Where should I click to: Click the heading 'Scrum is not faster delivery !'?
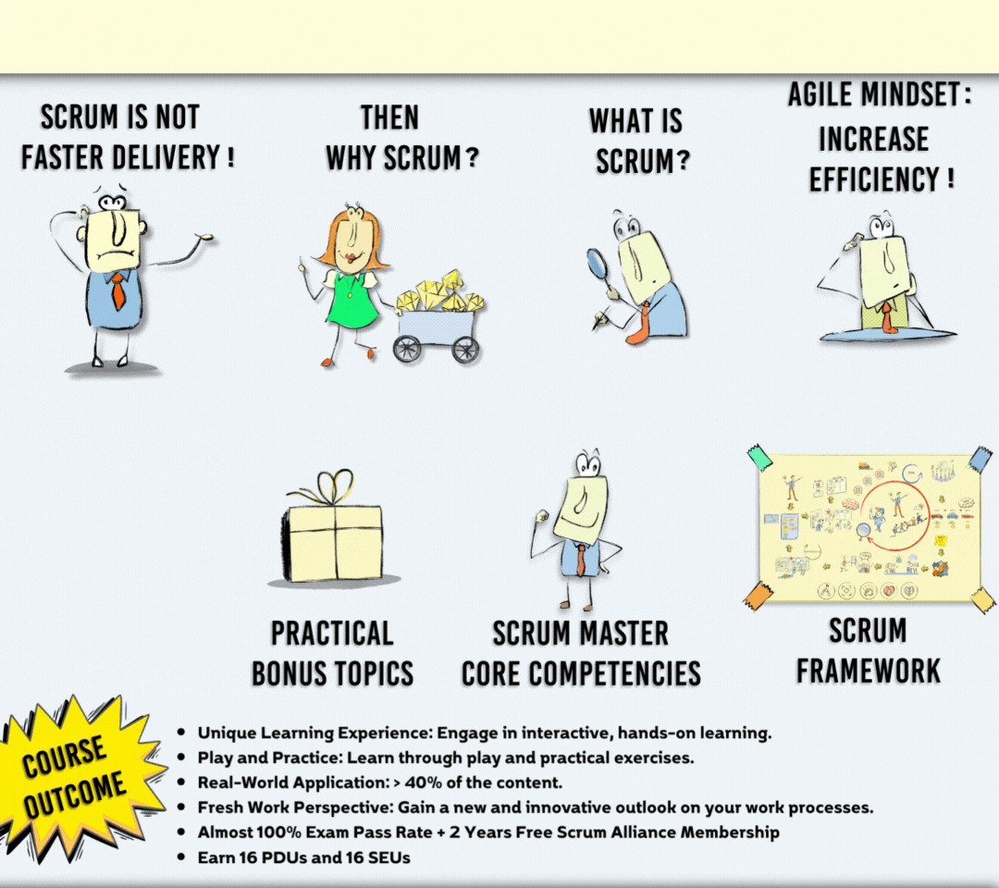127,137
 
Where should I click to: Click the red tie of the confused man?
118,291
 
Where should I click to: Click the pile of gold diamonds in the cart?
441,291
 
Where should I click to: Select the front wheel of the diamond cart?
407,348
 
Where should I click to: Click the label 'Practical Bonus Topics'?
332,653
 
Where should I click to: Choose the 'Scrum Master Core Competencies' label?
581,653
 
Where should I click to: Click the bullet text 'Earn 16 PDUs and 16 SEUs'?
303,857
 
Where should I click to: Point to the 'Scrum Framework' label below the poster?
868,649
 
